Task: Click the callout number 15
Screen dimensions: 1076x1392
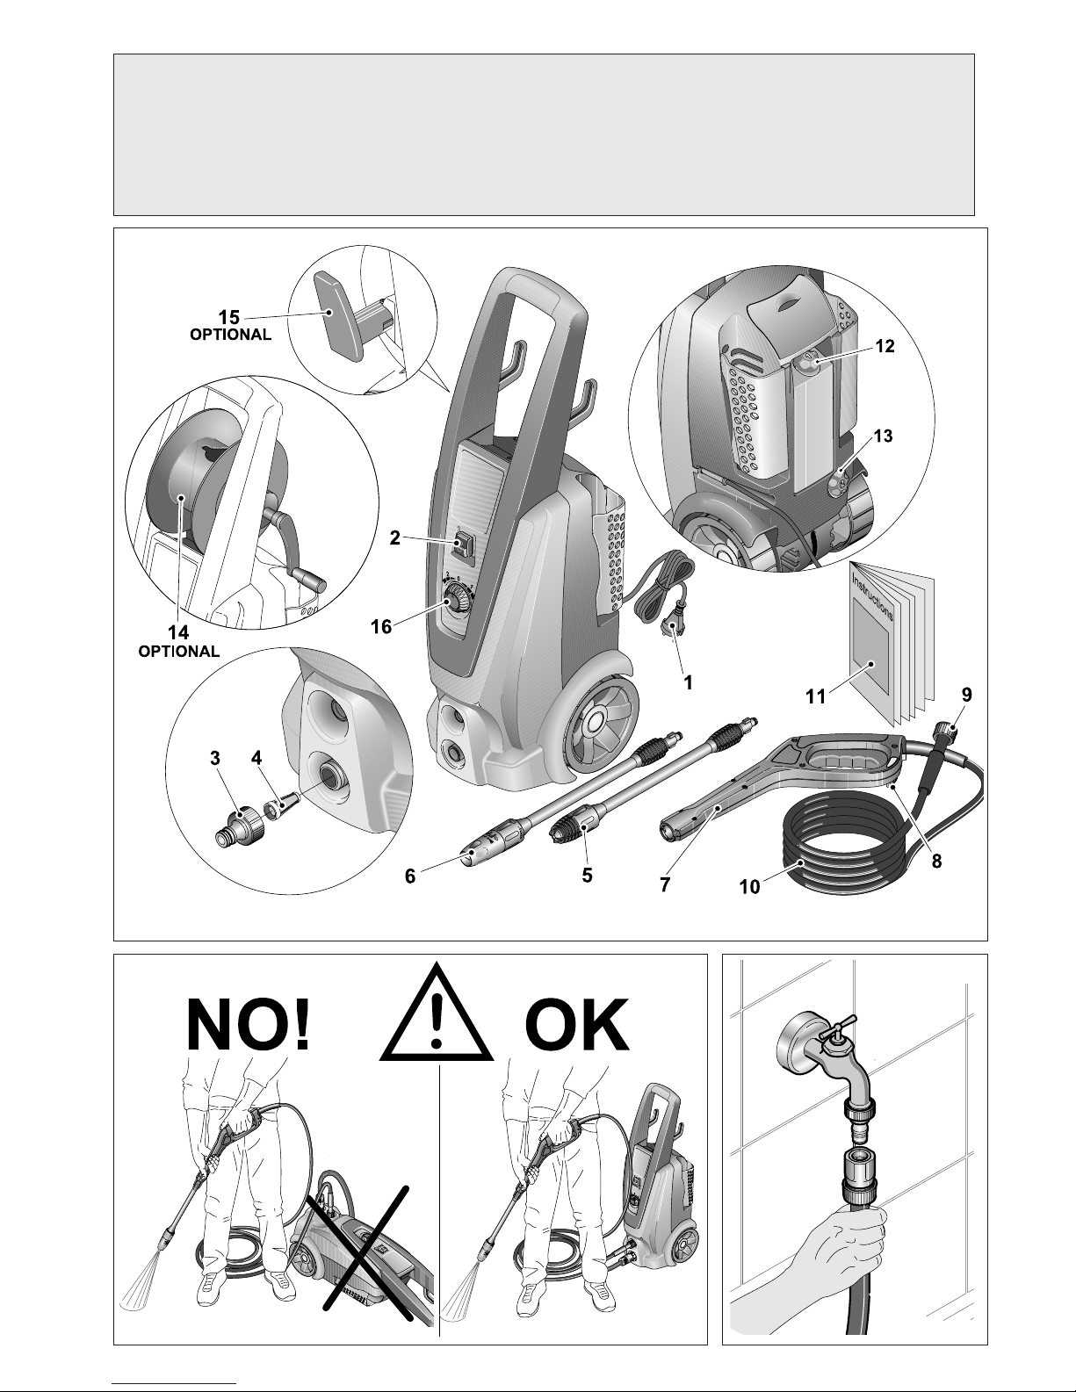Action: pyautogui.click(x=228, y=317)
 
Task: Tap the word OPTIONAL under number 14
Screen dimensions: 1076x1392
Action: pyautogui.click(x=178, y=652)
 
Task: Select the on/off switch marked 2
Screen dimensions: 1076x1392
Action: pyautogui.click(x=463, y=545)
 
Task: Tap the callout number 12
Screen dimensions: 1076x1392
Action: pyautogui.click(x=885, y=346)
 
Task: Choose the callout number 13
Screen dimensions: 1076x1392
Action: pyautogui.click(x=883, y=436)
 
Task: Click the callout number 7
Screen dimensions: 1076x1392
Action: pyautogui.click(x=665, y=884)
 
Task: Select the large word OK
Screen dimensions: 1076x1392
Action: pyautogui.click(x=576, y=1024)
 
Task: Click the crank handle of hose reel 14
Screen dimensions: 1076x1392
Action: pyautogui.click(x=294, y=551)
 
